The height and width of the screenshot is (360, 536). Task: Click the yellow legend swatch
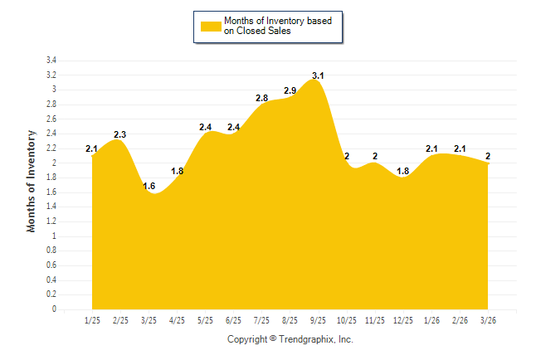click(x=211, y=26)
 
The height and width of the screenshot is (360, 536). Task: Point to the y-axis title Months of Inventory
click(x=32, y=180)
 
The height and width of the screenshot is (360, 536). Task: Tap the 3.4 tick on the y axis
click(x=51, y=61)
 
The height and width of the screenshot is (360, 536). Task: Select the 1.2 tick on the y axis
click(x=51, y=221)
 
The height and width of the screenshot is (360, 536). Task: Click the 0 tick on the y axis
click(x=54, y=309)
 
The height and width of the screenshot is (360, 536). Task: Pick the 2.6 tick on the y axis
click(x=51, y=119)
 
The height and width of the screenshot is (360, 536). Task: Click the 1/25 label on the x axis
click(x=92, y=320)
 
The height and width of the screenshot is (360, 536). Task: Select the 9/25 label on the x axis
click(x=318, y=320)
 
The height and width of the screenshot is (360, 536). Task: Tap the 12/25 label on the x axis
click(x=402, y=320)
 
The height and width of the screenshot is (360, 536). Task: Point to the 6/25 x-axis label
click(x=233, y=320)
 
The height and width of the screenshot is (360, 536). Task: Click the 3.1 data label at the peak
click(x=318, y=76)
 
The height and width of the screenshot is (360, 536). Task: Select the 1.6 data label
click(x=149, y=186)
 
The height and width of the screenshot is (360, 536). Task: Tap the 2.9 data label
click(x=290, y=90)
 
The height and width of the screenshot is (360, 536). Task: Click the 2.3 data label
click(x=120, y=134)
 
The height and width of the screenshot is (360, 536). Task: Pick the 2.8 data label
click(x=261, y=98)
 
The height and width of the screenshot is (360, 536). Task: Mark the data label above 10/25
click(x=347, y=156)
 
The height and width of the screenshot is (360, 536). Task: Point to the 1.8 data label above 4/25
click(x=177, y=171)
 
